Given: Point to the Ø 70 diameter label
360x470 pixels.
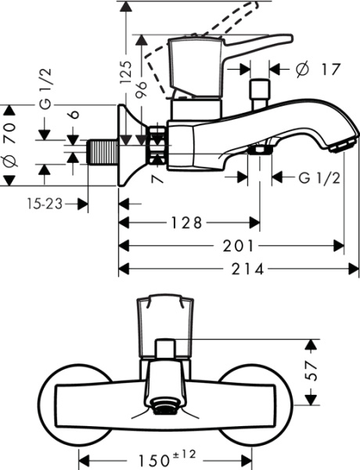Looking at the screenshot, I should [x=10, y=144].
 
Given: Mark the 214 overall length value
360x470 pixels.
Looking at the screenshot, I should [x=236, y=269].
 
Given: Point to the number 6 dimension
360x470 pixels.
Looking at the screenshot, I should [x=73, y=114].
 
